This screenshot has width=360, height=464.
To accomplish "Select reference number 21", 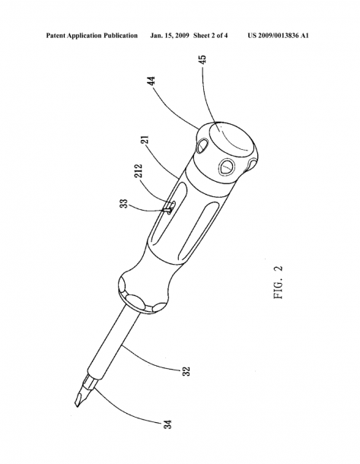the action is (146, 139).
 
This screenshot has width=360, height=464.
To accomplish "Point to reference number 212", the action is (139, 170).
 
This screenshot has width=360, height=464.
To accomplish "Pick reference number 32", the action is (186, 371).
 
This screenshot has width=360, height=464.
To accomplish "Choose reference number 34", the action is (167, 424).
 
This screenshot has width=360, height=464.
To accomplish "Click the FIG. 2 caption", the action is (279, 282).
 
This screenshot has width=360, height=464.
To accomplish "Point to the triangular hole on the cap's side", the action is (227, 167).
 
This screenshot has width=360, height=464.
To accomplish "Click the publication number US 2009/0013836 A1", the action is (278, 36).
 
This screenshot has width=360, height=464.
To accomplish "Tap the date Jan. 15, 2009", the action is (170, 36).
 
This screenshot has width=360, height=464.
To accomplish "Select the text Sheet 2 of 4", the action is (211, 36).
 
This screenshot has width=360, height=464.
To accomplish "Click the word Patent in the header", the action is (56, 36).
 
